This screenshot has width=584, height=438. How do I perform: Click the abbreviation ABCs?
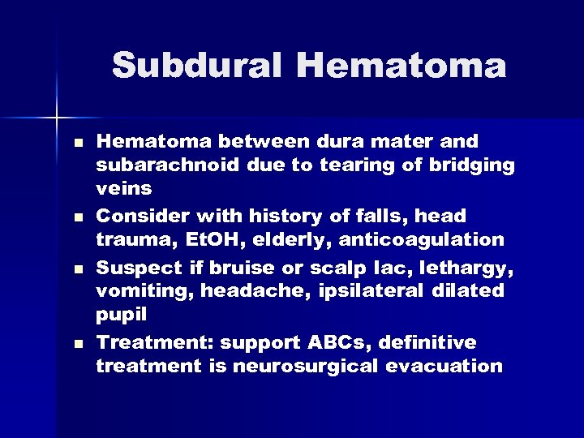click(x=347, y=342)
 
